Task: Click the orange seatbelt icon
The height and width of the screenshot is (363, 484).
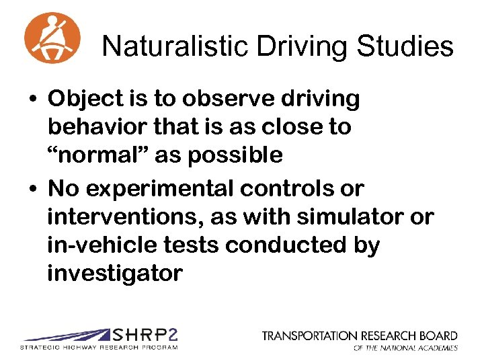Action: (x=52, y=37)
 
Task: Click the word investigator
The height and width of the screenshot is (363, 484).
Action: (x=114, y=274)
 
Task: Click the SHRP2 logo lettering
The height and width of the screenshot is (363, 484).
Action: (x=145, y=335)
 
